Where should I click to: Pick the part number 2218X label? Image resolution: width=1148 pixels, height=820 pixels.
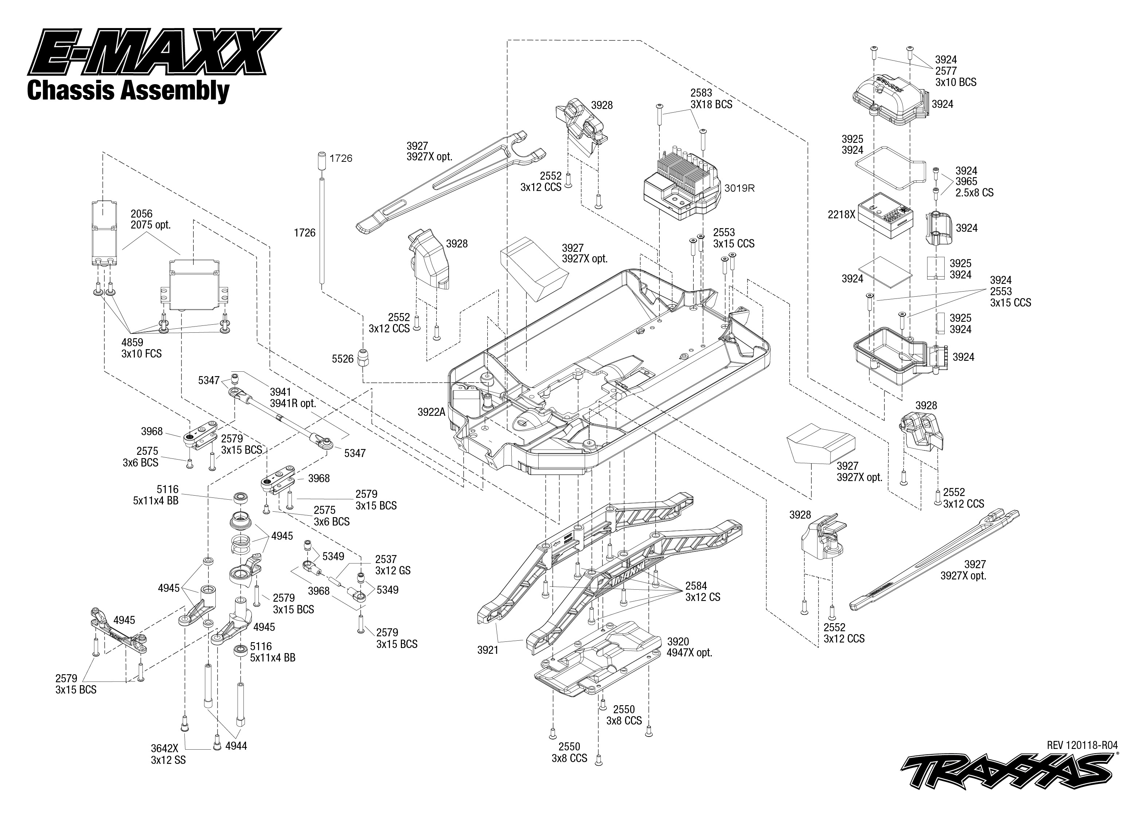(x=842, y=215)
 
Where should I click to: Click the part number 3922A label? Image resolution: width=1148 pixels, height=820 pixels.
(x=432, y=412)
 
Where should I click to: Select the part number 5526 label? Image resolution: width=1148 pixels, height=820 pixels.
(x=343, y=359)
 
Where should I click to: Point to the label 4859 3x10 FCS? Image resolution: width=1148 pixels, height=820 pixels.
(x=141, y=348)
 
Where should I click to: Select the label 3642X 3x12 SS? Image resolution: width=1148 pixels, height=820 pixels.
(x=168, y=754)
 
